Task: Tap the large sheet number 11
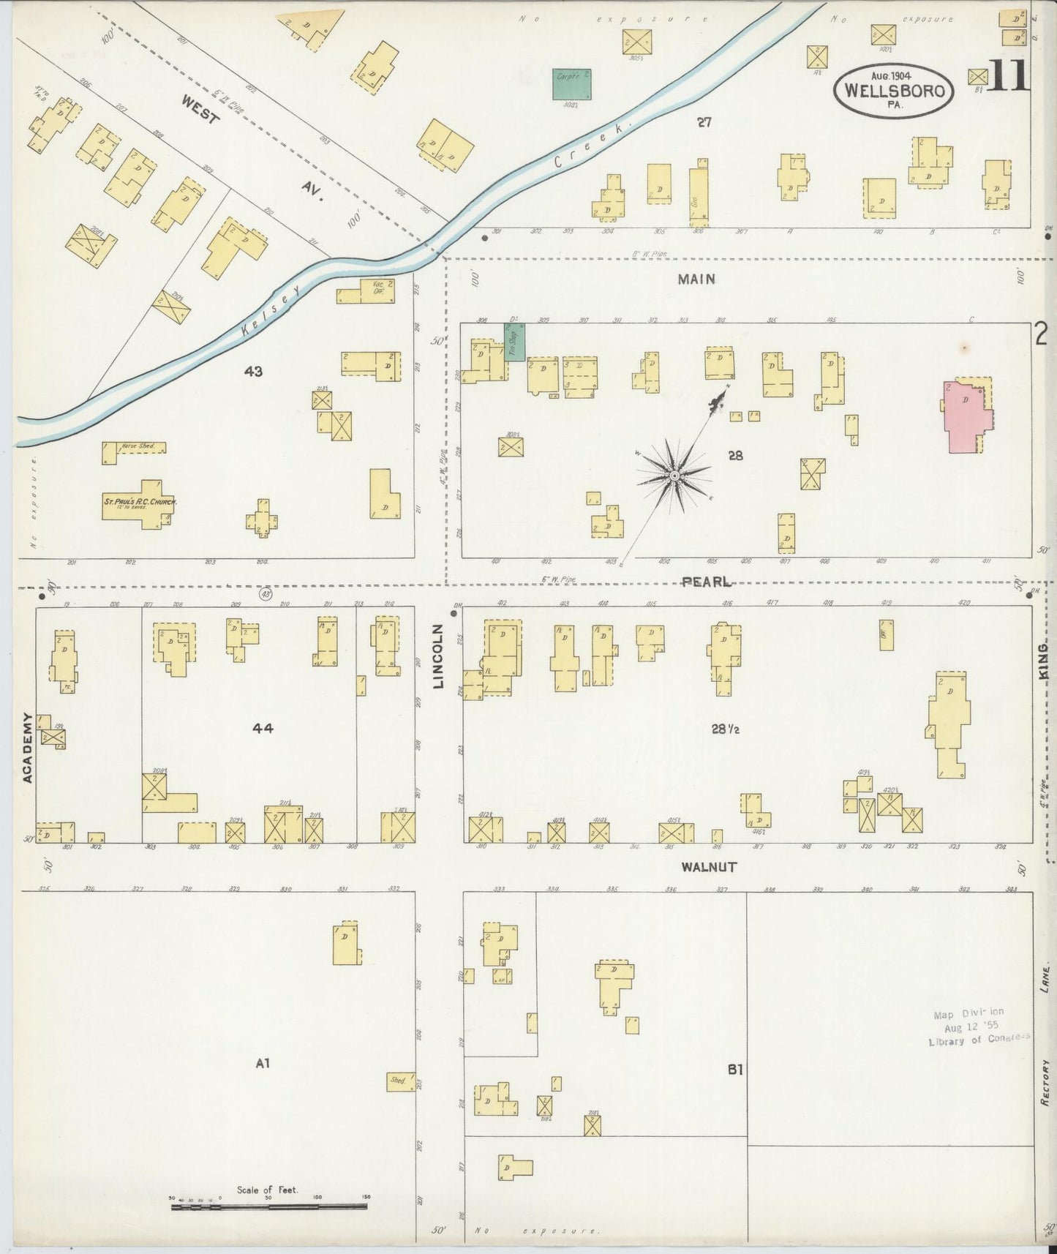pos(1009,76)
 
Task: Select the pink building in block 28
pos(968,415)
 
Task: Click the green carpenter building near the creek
pos(571,84)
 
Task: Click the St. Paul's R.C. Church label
pos(140,503)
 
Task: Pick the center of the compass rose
pos(674,477)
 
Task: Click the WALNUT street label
pos(708,867)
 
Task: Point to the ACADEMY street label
pos(27,748)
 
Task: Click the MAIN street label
pos(696,279)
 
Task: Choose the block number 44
pos(263,727)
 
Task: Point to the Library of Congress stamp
pos(979,1028)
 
